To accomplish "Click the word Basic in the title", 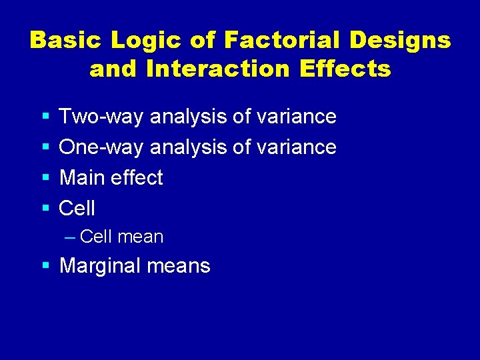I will (65, 41).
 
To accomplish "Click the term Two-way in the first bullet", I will (102, 117).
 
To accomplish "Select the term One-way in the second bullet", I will (101, 147).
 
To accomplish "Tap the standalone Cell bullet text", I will (77, 209).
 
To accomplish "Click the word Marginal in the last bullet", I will (103, 266).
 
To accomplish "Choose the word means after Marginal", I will (181, 266).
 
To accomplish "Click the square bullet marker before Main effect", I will (45, 178).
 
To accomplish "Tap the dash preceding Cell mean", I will (71, 237).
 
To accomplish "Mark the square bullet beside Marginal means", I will (45, 266).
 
